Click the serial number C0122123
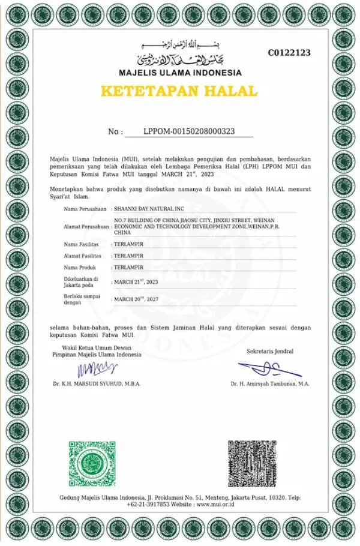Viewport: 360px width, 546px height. point(289,53)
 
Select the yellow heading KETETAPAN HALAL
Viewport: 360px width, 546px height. point(179,92)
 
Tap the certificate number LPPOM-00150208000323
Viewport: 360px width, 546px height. point(189,131)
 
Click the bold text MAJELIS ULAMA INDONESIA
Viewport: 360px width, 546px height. point(179,73)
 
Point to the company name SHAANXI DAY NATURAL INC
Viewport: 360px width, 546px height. point(147,209)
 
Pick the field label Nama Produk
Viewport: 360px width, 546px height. point(79,266)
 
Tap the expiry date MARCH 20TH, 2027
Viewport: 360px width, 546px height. point(136,298)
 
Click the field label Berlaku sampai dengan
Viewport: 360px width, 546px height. point(82,299)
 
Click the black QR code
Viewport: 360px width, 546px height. point(251,464)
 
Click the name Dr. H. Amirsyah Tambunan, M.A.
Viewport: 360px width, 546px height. point(270,383)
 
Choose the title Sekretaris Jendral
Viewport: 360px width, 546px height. point(270,351)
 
